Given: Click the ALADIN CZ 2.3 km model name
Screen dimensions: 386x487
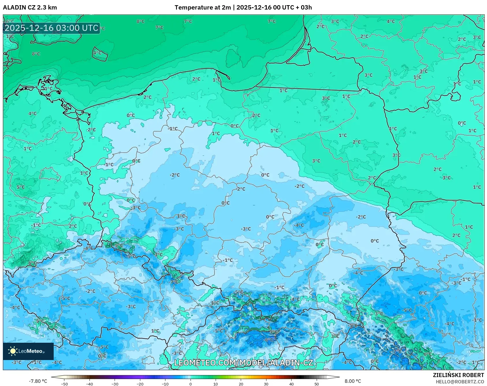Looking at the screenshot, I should click(30, 8).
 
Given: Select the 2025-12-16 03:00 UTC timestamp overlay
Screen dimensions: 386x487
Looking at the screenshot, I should click(51, 28).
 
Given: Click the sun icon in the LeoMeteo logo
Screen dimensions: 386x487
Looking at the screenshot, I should click(13, 351).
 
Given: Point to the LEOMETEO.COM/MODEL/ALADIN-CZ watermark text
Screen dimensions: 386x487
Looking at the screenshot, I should click(243, 363).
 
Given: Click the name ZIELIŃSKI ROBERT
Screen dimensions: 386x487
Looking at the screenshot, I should click(458, 375).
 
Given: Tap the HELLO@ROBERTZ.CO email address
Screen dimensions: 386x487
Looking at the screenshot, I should click(460, 382).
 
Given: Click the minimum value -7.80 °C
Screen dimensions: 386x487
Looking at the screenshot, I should click(38, 381).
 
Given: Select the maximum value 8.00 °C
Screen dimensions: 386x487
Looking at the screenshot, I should click(352, 381).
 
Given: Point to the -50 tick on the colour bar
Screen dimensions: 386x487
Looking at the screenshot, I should click(64, 384).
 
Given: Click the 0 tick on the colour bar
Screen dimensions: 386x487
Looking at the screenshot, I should click(191, 384).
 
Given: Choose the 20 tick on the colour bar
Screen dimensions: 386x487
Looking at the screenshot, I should click(241, 384).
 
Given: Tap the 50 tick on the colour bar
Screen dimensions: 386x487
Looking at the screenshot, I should click(316, 384).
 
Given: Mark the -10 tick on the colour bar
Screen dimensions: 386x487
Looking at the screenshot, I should click(165, 384).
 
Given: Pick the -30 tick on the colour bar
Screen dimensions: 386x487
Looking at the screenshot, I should click(115, 384).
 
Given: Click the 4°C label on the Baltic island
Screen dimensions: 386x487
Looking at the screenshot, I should click(97, 53).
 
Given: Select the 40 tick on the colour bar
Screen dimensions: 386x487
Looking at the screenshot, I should click(291, 384).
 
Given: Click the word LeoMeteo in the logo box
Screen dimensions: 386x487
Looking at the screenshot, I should click(31, 351).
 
